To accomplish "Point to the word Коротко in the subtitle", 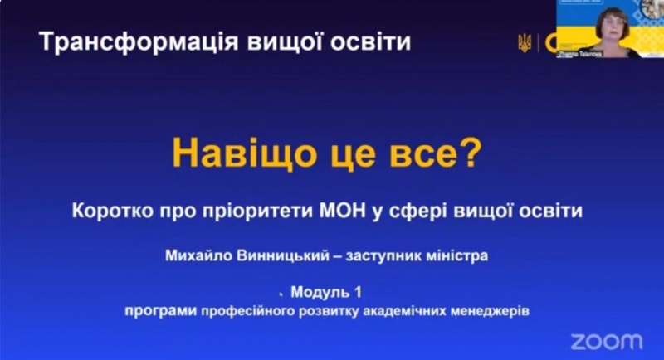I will [x=121, y=211].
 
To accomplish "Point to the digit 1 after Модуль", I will [x=359, y=293].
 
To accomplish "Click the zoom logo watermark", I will [x=606, y=341].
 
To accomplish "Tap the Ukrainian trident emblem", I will [x=524, y=42].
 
